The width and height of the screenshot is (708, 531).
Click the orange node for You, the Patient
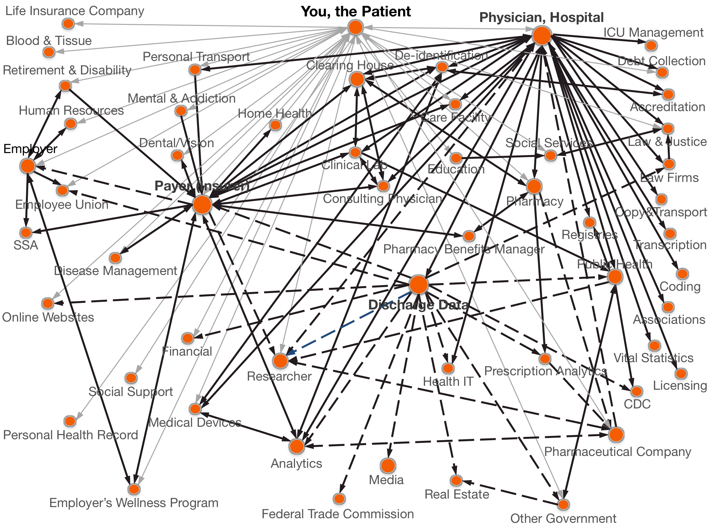coord(355,27)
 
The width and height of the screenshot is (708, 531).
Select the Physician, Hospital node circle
coord(541,35)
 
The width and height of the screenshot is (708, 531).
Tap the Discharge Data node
coord(419,284)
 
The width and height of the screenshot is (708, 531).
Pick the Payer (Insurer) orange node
coord(202,205)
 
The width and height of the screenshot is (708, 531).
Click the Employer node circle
coord(28,166)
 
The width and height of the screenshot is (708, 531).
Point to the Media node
coord(388,465)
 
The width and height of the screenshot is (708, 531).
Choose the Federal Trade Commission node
coord(339,499)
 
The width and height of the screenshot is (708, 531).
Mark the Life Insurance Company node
coord(68,24)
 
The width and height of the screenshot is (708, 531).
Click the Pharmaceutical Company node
coord(616,435)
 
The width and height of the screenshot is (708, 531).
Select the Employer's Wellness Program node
coord(134,489)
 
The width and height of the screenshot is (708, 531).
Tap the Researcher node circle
coord(280,361)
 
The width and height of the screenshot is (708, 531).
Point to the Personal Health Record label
coord(70,435)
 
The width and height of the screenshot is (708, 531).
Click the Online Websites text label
coord(48,317)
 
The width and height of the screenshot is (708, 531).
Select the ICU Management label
coord(653,32)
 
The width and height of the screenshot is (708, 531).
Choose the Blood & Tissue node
coord(49,52)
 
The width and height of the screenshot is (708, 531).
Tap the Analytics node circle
coord(297,446)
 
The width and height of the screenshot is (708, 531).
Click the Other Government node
coord(563,504)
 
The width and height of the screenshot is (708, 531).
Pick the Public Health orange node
coord(615,277)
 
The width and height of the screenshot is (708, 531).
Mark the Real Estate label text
coord(457,494)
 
